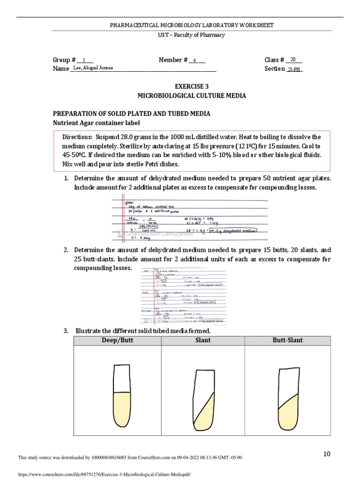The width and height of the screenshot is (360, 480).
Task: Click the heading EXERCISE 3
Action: tap(191, 87)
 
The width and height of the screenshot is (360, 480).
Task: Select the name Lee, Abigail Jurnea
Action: tap(93, 68)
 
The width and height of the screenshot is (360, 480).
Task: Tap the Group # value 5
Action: tap(84, 60)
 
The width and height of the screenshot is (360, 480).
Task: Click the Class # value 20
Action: tap(293, 60)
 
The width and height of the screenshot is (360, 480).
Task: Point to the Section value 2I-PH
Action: tap(294, 69)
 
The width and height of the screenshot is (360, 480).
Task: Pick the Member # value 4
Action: tap(195, 60)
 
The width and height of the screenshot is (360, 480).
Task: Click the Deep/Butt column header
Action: tap(117, 340)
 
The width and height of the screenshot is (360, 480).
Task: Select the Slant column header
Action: tap(203, 340)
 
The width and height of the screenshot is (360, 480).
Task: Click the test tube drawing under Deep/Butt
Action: tap(122, 397)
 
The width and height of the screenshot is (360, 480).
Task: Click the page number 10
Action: tap(327, 454)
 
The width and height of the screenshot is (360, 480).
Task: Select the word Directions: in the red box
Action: tap(78, 137)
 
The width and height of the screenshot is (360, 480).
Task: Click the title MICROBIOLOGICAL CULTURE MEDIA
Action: tap(191, 96)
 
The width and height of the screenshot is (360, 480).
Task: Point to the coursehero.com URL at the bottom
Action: tap(104, 474)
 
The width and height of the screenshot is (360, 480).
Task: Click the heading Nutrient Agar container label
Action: tap(96, 123)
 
